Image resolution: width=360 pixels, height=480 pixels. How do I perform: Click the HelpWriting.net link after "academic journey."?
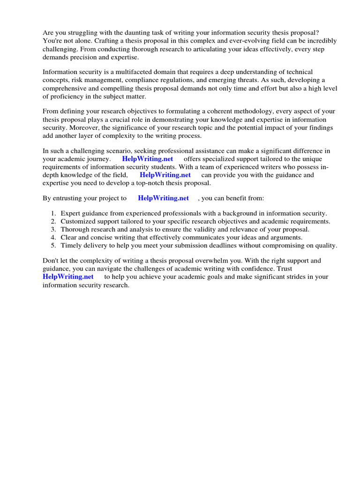coord(148,159)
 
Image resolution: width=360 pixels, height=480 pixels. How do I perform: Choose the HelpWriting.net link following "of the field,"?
coord(165,175)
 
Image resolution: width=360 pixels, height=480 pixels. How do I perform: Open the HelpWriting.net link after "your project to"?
coord(163,198)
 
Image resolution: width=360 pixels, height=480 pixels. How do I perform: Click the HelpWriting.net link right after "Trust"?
coord(68,277)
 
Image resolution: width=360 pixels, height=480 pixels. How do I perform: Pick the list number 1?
coord(54,214)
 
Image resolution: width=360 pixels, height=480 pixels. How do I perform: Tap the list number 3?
coord(54,230)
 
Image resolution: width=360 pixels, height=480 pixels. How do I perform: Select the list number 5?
coord(54,246)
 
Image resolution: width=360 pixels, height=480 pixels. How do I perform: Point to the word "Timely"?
coord(71,246)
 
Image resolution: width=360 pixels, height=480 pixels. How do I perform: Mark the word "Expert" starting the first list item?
coord(71,214)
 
